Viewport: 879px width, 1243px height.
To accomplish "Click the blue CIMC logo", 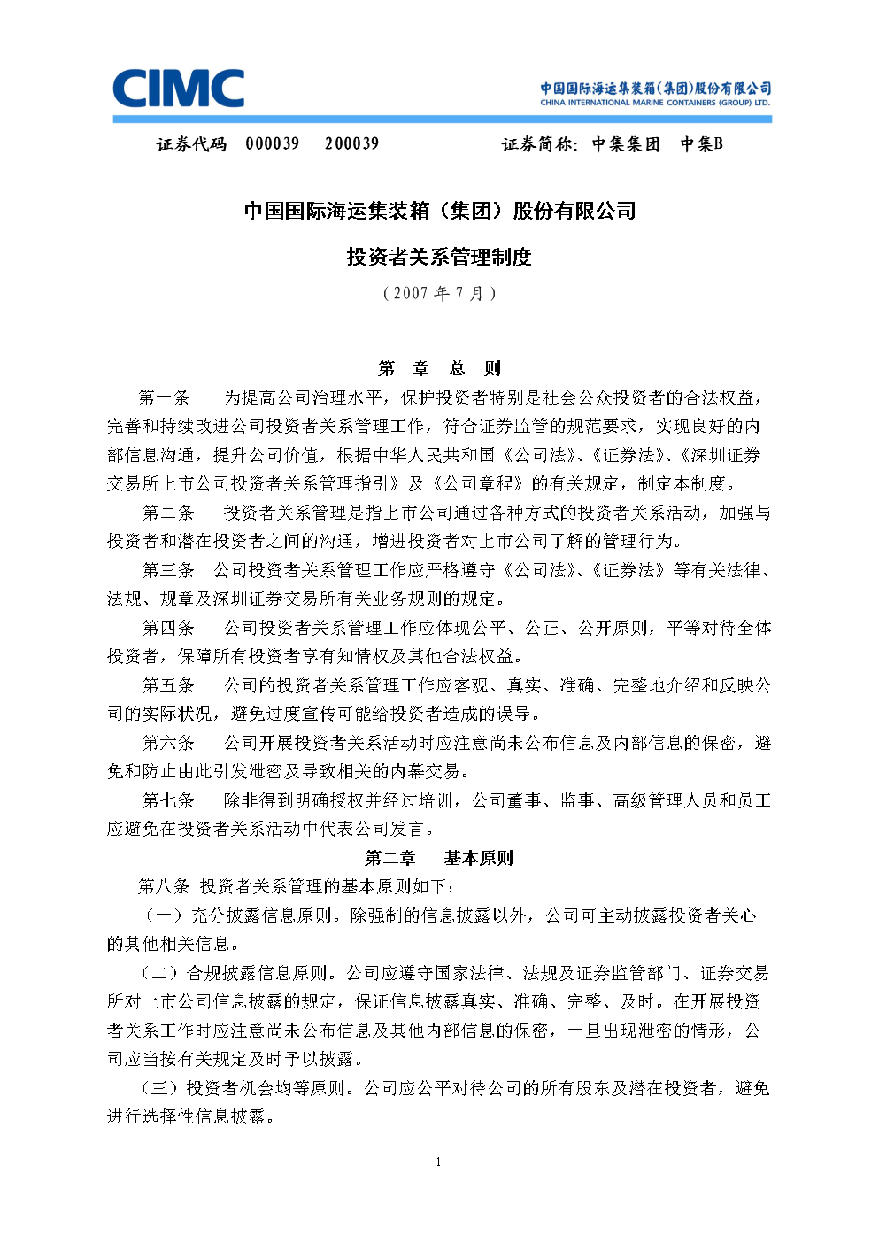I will click(179, 89).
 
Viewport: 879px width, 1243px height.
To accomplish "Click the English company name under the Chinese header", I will click(655, 103).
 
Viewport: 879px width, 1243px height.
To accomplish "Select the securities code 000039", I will click(273, 143).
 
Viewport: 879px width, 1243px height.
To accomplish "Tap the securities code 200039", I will click(351, 143).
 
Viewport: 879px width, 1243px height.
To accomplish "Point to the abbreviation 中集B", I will click(701, 143).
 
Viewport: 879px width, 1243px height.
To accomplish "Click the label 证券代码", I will click(192, 143).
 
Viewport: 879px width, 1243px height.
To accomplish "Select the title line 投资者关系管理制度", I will click(439, 257).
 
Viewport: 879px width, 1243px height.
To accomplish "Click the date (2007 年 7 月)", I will click(439, 293).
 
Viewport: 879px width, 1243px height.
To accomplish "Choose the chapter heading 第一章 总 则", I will click(439, 368).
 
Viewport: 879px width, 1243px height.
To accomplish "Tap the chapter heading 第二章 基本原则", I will click(439, 858).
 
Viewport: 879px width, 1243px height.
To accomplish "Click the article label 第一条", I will click(165, 398).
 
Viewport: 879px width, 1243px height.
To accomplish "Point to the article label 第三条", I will click(168, 570).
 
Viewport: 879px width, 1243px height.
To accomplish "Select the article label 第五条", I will click(168, 685).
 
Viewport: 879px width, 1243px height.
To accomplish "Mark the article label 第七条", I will click(168, 800).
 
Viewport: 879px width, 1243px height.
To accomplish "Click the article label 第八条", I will click(165, 886).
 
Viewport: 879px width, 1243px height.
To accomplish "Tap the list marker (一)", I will click(164, 915).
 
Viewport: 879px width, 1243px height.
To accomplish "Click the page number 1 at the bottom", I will click(438, 1162).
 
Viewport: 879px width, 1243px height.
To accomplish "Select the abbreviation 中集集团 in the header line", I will click(626, 143).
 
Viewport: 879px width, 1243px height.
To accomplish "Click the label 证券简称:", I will click(539, 143).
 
